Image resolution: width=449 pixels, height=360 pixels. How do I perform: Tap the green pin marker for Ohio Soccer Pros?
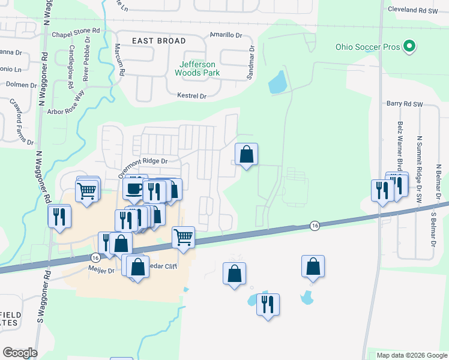409,46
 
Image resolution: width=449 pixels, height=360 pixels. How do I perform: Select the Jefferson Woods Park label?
197,68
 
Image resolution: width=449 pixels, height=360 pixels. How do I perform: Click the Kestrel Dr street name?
192,96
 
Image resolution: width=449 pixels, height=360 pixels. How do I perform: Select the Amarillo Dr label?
225,35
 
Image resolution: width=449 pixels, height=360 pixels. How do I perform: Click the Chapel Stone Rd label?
76,35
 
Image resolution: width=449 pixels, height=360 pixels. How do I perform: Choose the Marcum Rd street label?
119,60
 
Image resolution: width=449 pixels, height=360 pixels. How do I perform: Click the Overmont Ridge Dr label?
142,165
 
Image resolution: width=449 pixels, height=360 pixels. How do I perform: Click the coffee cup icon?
133,188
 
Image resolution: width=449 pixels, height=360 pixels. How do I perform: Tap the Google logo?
20,353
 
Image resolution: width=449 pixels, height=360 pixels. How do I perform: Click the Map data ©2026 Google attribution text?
411,355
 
